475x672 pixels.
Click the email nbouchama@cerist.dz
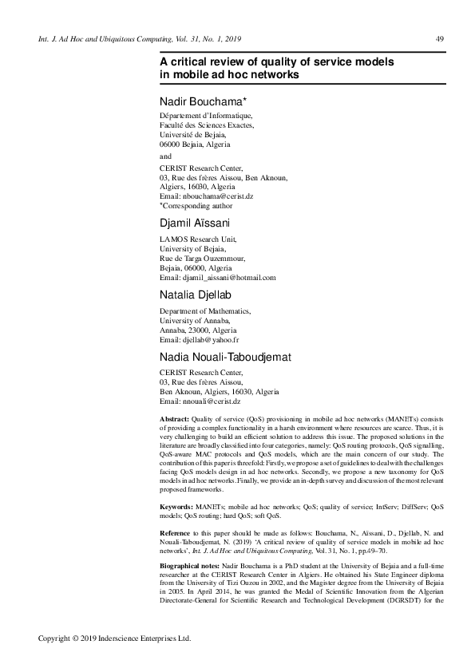click(213, 195)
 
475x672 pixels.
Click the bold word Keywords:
click(176, 507)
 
